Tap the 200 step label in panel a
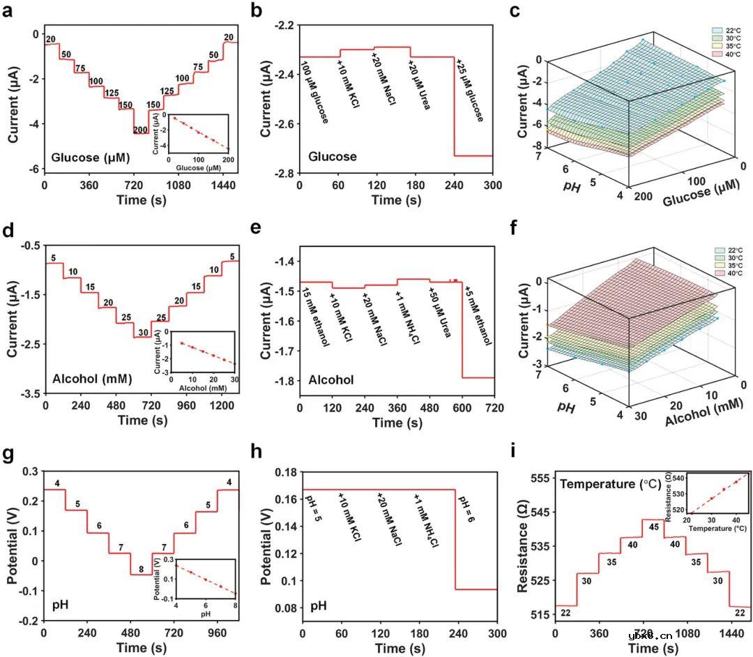point(139,129)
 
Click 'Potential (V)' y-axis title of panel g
point(12,545)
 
